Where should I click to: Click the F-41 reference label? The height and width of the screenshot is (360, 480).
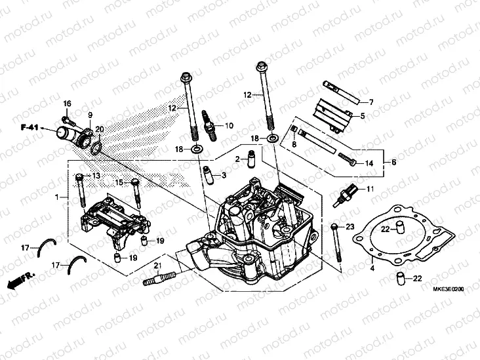(30, 127)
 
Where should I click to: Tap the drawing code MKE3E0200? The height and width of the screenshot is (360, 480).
(447, 289)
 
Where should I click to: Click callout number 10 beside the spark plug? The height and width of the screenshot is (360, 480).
(229, 125)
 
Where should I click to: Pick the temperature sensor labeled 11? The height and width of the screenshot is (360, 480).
(347, 194)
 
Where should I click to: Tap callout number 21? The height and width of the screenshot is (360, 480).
(157, 265)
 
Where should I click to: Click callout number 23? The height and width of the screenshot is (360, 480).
(350, 227)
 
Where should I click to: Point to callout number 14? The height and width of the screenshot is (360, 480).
(369, 163)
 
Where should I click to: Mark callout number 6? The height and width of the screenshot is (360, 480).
(393, 161)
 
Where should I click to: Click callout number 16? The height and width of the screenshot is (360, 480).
(66, 105)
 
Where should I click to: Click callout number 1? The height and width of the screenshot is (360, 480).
(57, 197)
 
